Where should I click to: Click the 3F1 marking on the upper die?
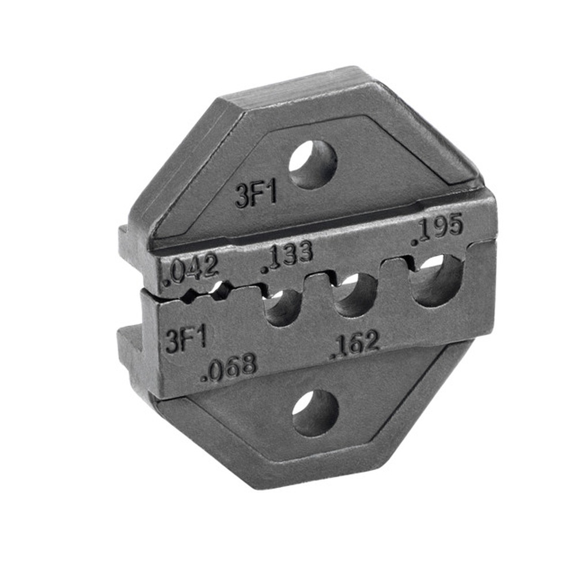[x=256, y=195]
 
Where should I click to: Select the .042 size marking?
[x=191, y=270]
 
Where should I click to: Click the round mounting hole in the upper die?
[x=313, y=164]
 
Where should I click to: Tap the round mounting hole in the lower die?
[x=315, y=412]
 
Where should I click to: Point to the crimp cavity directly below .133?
[x=282, y=305]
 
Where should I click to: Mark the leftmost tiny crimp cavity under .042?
[x=189, y=297]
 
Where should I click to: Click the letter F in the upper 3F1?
[x=256, y=195]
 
